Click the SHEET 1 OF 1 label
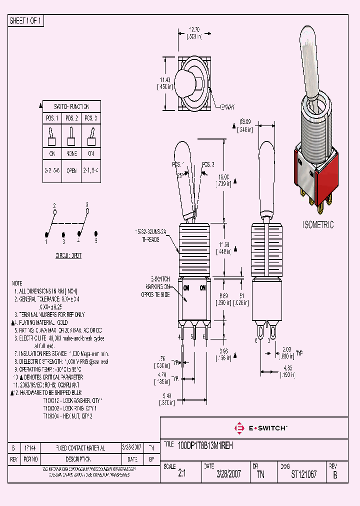pos(26,21)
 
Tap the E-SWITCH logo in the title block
pos(260,428)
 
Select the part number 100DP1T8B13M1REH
pos(205,444)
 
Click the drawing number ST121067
pos(303,474)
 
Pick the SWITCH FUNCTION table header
pos(71,106)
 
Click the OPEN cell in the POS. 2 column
pos(71,170)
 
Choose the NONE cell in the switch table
pos(71,153)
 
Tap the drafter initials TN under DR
pos(260,474)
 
